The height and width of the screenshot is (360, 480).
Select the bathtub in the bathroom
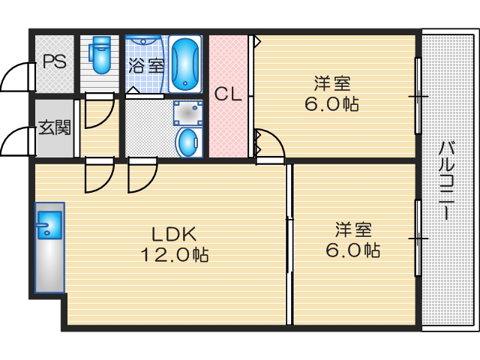(x=184, y=63)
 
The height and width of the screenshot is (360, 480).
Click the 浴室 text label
(x=146, y=65)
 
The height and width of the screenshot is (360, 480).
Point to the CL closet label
(x=227, y=94)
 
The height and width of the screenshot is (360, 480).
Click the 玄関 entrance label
(x=54, y=127)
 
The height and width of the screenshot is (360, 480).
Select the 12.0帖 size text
(x=175, y=255)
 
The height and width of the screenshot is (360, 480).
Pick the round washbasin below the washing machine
(x=187, y=142)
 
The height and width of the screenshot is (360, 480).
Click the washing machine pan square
(x=187, y=113)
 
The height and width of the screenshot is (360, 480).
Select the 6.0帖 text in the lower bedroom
(x=352, y=250)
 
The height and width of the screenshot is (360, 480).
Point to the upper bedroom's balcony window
(x=418, y=95)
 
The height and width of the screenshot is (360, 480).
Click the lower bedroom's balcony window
(x=418, y=238)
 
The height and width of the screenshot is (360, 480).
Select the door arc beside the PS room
(x=16, y=76)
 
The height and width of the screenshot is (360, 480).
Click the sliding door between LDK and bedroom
(x=288, y=244)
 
